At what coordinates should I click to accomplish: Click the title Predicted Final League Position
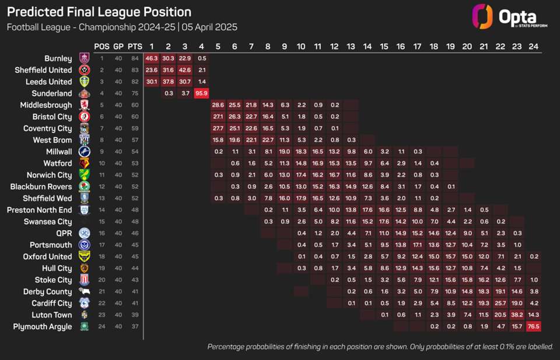pyautogui.click(x=99, y=12)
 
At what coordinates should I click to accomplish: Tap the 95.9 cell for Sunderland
pyautogui.click(x=202, y=93)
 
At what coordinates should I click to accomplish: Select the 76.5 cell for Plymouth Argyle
pyautogui.click(x=533, y=327)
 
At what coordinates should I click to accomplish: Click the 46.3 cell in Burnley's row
pyautogui.click(x=152, y=58)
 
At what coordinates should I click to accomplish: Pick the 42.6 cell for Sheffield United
pyautogui.click(x=185, y=70)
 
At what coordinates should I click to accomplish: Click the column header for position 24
pyautogui.click(x=533, y=46)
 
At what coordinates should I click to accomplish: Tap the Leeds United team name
pyautogui.click(x=49, y=82)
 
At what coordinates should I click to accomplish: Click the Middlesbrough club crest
pyautogui.click(x=84, y=105)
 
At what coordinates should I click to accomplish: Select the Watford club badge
pyautogui.click(x=84, y=163)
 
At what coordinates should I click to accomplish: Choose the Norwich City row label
pyautogui.click(x=49, y=175)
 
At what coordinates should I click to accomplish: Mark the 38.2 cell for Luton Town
pyautogui.click(x=517, y=315)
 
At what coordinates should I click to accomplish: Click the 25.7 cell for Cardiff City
pyautogui.click(x=500, y=303)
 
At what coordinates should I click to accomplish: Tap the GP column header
pyautogui.click(x=118, y=46)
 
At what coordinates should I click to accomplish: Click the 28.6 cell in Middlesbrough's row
pyautogui.click(x=218, y=105)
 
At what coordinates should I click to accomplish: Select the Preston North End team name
pyautogui.click(x=40, y=210)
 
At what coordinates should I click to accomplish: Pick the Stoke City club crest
pyautogui.click(x=84, y=280)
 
